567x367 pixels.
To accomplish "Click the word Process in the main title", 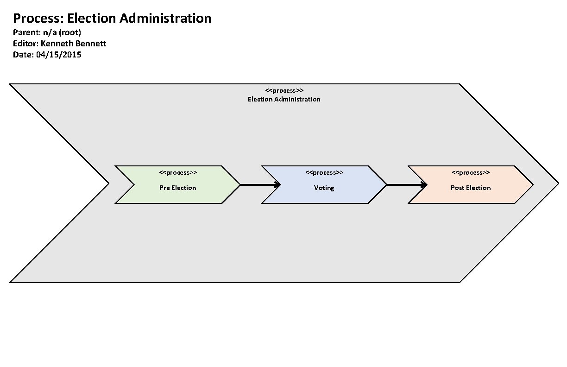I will coord(38,19).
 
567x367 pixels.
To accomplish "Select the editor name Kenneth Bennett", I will coord(74,44).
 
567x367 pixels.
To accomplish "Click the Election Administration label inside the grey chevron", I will coord(284,99).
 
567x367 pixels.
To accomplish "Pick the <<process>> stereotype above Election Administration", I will coord(284,90).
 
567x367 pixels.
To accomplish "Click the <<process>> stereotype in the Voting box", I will coord(324,173).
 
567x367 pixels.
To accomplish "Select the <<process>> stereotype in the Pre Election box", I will coord(178,173).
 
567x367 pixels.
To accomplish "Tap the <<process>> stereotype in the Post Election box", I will coord(471,173).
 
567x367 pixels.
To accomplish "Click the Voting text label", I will coord(324,188).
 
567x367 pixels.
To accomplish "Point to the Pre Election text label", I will coord(178,188).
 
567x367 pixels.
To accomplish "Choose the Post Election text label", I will coord(471,188).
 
